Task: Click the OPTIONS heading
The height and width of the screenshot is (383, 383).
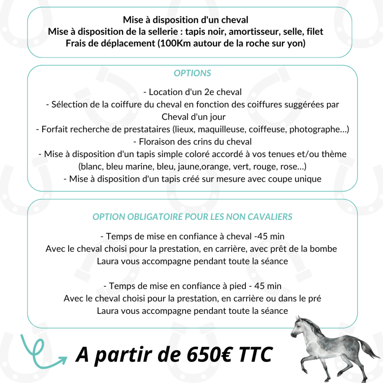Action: [192, 73]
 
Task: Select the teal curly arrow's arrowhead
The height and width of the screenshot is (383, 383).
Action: [62, 359]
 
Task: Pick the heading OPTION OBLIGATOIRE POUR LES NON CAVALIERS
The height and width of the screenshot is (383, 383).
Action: [192, 217]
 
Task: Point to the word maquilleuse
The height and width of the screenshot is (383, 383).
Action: [221, 129]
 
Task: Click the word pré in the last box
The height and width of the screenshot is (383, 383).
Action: [314, 299]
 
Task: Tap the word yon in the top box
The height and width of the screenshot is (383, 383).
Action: [298, 43]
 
